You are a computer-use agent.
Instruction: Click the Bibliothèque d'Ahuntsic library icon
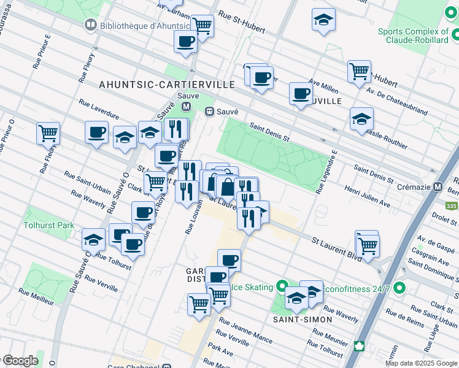[90, 25]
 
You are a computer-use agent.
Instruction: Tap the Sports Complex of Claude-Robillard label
[413, 36]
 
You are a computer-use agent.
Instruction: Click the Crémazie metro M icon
[438, 187]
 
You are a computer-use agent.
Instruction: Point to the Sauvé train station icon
[209, 112]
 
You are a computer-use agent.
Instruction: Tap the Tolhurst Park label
[48, 225]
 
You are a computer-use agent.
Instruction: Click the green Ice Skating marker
[282, 286]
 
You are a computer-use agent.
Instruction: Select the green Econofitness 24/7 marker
[400, 287]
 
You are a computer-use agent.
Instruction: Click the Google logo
[20, 361]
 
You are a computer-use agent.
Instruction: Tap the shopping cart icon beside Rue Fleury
[48, 132]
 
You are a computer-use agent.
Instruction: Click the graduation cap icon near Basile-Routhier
[361, 119]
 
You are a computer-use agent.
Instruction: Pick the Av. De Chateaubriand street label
[401, 102]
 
